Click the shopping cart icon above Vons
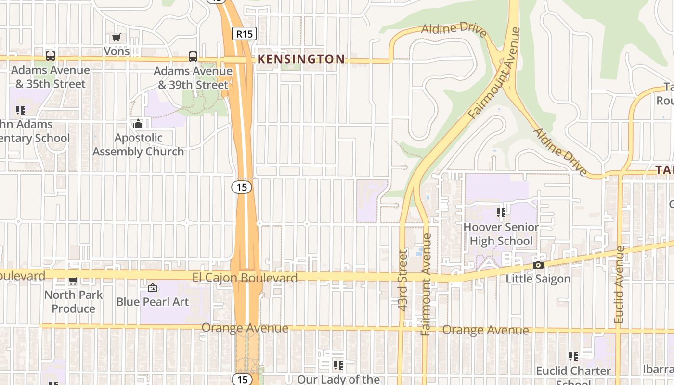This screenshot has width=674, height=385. (116, 37)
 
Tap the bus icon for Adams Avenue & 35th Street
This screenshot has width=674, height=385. (51, 56)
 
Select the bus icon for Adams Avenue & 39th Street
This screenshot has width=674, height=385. (193, 57)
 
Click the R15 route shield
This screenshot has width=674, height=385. (244, 34)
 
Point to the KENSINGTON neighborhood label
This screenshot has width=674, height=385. (301, 59)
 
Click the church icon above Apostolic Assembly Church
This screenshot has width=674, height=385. (138, 124)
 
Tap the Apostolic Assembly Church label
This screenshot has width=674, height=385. (138, 144)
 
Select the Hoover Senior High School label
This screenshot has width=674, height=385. (501, 234)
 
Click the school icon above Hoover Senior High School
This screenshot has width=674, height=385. (501, 212)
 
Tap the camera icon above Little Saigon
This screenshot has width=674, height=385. (538, 265)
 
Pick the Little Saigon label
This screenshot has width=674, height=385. (538, 279)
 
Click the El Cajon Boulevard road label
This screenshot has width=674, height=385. (245, 278)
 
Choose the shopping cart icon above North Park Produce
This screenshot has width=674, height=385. (73, 281)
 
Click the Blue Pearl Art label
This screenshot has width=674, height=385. (153, 302)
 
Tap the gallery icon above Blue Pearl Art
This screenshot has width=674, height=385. (153, 288)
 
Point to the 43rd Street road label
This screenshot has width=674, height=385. (403, 279)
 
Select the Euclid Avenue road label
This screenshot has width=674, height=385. (620, 285)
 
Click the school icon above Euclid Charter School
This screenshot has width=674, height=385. (573, 357)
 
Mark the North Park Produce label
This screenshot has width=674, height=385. (73, 301)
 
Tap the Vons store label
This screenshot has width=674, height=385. (117, 51)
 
